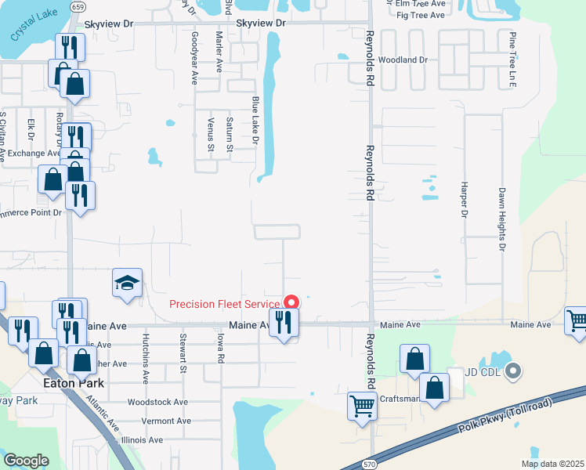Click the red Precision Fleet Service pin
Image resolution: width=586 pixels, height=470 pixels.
291,302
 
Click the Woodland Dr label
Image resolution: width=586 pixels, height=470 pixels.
403,60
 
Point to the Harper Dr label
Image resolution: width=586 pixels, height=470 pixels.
464,202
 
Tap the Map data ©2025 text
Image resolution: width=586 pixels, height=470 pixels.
552,464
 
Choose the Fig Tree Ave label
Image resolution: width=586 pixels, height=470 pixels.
421,15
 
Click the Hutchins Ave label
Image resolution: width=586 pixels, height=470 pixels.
146,356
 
